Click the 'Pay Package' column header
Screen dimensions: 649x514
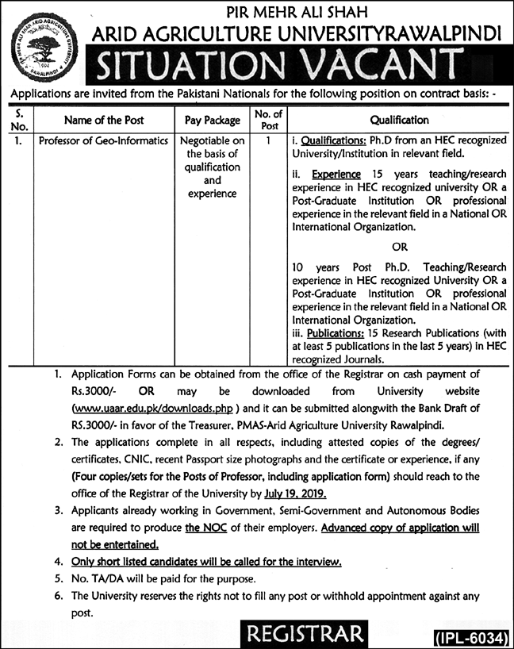tap(212, 121)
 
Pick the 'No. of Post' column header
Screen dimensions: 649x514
tap(270, 121)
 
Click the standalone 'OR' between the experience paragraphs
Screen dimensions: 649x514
tap(398, 247)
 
